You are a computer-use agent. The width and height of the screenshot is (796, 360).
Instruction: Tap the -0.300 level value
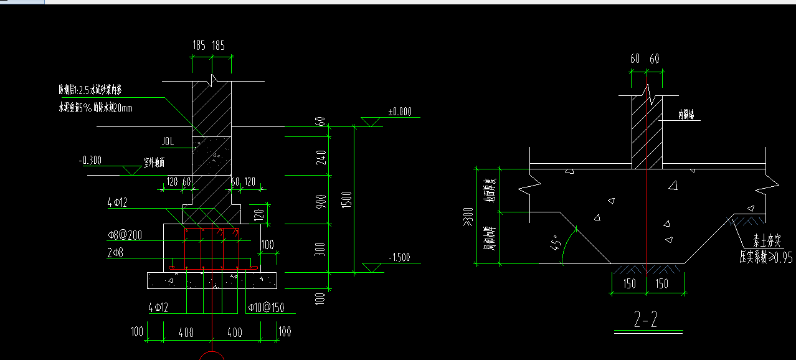coord(91,161)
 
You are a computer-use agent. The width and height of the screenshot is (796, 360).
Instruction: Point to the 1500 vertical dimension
coord(347,199)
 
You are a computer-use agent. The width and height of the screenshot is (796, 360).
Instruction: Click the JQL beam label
coord(168,142)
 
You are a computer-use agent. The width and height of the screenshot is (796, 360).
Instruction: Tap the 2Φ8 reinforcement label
coord(116,252)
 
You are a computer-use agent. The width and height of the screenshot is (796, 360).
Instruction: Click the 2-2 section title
coord(646,320)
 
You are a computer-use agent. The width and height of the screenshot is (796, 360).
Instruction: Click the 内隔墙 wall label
coord(689,115)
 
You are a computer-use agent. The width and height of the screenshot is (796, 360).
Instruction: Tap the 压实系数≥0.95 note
coord(765,258)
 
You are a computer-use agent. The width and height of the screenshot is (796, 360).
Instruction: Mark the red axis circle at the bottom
coord(212,356)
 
